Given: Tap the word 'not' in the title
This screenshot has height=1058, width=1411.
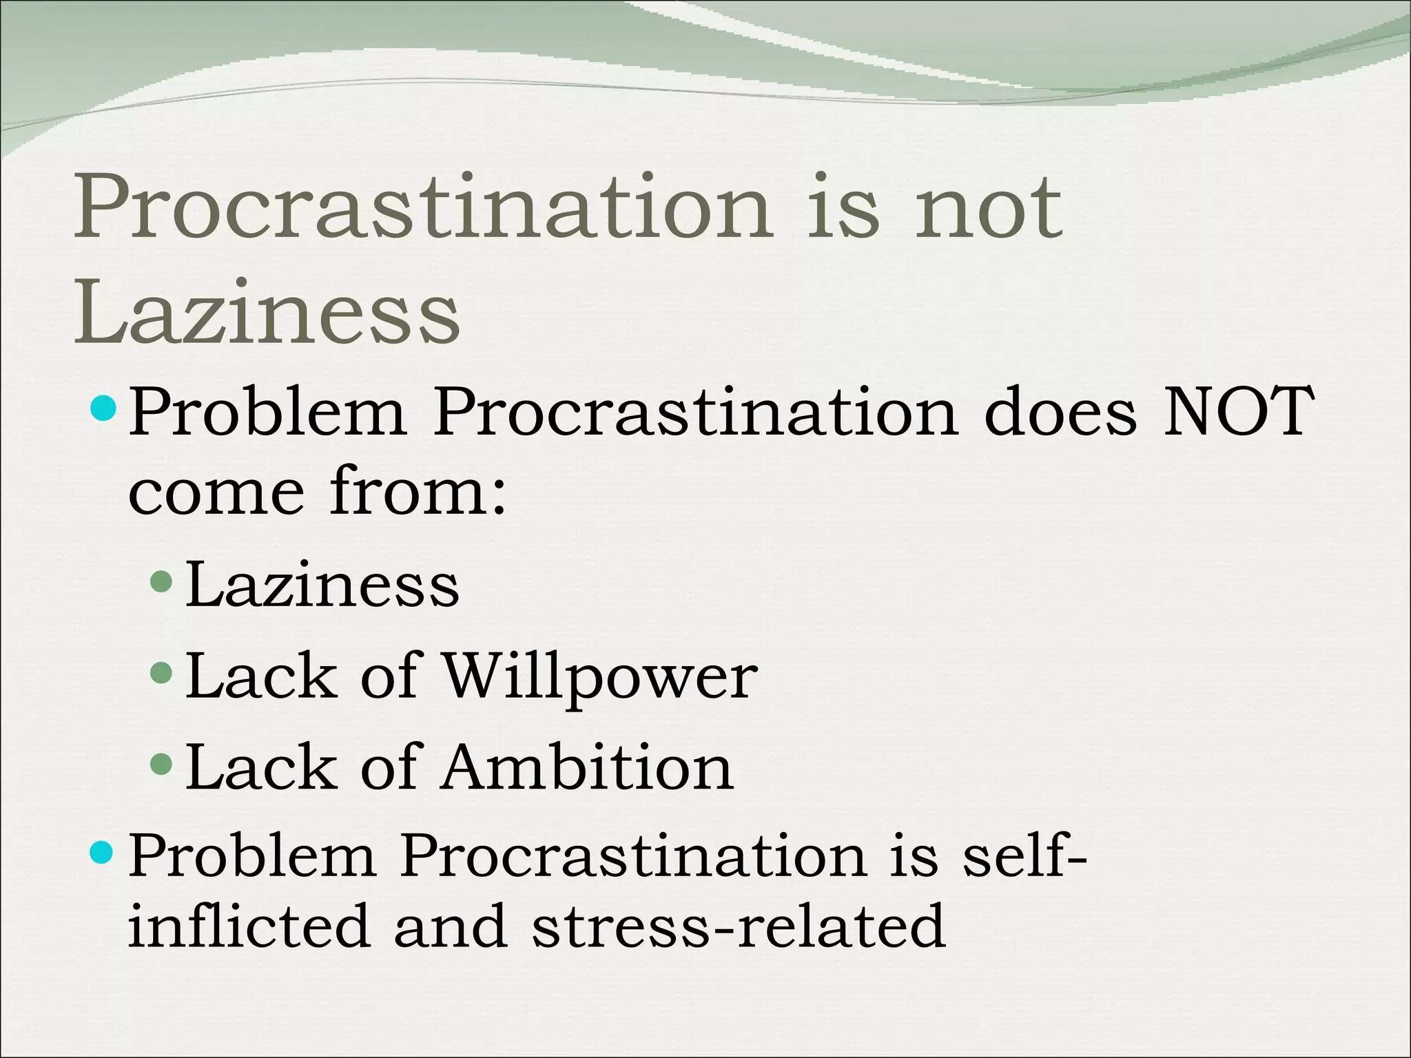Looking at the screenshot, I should (x=988, y=207).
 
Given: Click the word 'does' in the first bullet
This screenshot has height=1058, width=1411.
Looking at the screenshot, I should (x=1060, y=413).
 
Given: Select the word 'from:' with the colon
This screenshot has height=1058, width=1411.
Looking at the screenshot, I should (x=418, y=490).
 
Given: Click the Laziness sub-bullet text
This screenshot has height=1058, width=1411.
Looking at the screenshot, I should (x=322, y=585).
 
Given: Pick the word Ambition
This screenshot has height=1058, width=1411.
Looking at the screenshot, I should (x=588, y=768).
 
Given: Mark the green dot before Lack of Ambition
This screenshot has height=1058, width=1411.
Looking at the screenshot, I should (x=161, y=763).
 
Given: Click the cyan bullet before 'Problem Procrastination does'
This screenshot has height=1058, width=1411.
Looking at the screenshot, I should (x=105, y=408).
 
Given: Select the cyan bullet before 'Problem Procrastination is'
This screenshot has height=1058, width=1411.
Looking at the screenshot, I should (x=105, y=853).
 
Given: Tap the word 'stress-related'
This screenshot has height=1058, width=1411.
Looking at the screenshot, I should (x=738, y=926).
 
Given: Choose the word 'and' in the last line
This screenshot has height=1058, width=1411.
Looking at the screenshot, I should (x=451, y=926).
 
